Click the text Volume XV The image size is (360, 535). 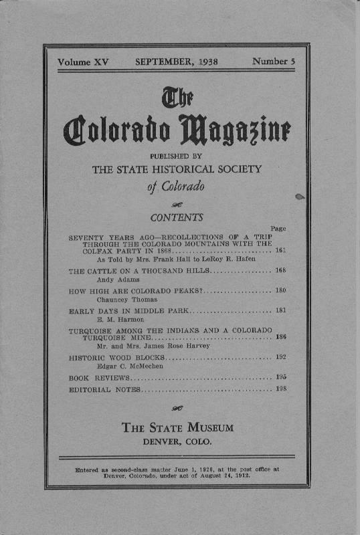point(83,62)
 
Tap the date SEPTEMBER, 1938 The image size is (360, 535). point(177,62)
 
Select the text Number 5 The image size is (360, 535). point(274,62)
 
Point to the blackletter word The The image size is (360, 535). point(177,100)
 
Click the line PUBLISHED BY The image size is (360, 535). point(177,156)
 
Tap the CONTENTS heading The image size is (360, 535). point(177,217)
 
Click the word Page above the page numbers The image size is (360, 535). point(278,229)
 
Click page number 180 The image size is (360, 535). point(281,291)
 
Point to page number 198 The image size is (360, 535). point(281,389)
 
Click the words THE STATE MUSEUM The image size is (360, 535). point(177,428)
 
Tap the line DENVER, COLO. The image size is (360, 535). point(177,442)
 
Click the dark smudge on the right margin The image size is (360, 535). point(299,196)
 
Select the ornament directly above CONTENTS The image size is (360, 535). point(177,204)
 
